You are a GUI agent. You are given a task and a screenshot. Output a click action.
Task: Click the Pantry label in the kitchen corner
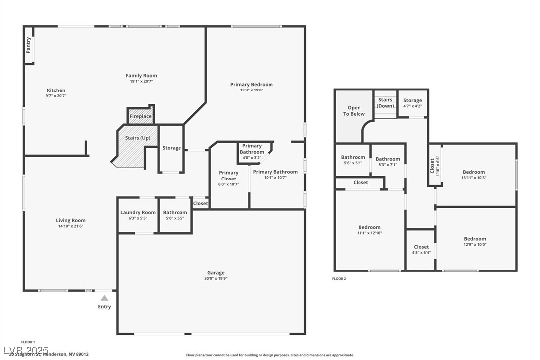point(28,45)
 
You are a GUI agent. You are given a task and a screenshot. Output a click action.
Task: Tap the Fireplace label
point(140,116)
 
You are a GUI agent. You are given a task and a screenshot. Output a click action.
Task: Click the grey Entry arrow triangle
point(104,298)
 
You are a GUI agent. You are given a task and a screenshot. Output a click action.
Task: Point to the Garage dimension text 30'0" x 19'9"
point(216,279)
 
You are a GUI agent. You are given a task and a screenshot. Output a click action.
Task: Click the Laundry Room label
point(138,213)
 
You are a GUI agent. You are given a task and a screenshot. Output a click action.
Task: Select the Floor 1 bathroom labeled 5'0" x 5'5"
point(175,215)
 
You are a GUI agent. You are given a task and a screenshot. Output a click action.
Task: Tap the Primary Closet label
point(229,176)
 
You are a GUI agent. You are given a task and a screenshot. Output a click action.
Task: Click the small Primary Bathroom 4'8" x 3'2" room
point(252,152)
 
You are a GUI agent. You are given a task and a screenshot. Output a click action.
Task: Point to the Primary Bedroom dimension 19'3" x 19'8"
point(251,90)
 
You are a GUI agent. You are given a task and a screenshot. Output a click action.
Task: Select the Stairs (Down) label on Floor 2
point(385,103)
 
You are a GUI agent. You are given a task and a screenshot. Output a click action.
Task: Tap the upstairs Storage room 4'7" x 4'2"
point(412,103)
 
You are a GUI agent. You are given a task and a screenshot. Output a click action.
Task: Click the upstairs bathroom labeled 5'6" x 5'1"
point(353,160)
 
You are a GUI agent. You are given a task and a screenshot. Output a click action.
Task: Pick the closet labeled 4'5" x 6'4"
point(421,249)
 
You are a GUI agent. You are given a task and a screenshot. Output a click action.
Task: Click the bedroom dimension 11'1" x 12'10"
point(369,233)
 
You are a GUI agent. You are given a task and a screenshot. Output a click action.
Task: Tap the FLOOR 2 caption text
point(339,279)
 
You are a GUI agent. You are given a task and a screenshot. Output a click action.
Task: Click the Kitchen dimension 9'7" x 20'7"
point(56,96)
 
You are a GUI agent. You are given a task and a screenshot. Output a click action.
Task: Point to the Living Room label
point(70,220)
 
